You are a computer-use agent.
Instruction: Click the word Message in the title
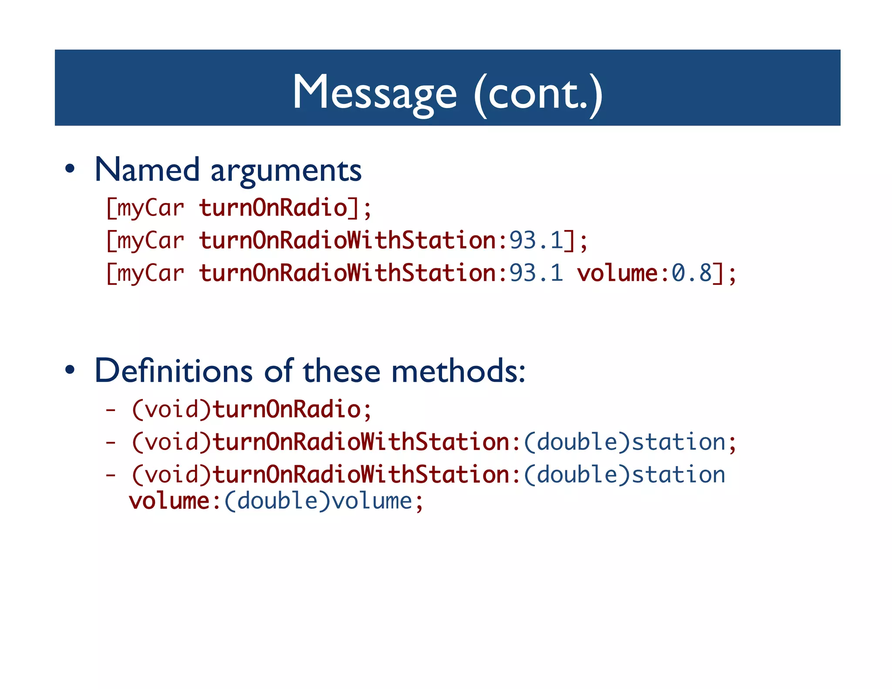375,92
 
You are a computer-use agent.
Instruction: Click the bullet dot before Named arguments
70,169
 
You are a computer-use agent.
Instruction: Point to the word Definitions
173,371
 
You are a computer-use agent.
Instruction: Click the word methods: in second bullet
458,371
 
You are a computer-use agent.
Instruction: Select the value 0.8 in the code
691,274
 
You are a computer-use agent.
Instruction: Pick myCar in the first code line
150,208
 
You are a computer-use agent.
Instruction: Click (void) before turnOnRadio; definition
171,409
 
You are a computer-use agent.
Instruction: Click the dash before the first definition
111,410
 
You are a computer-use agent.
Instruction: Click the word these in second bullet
342,371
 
